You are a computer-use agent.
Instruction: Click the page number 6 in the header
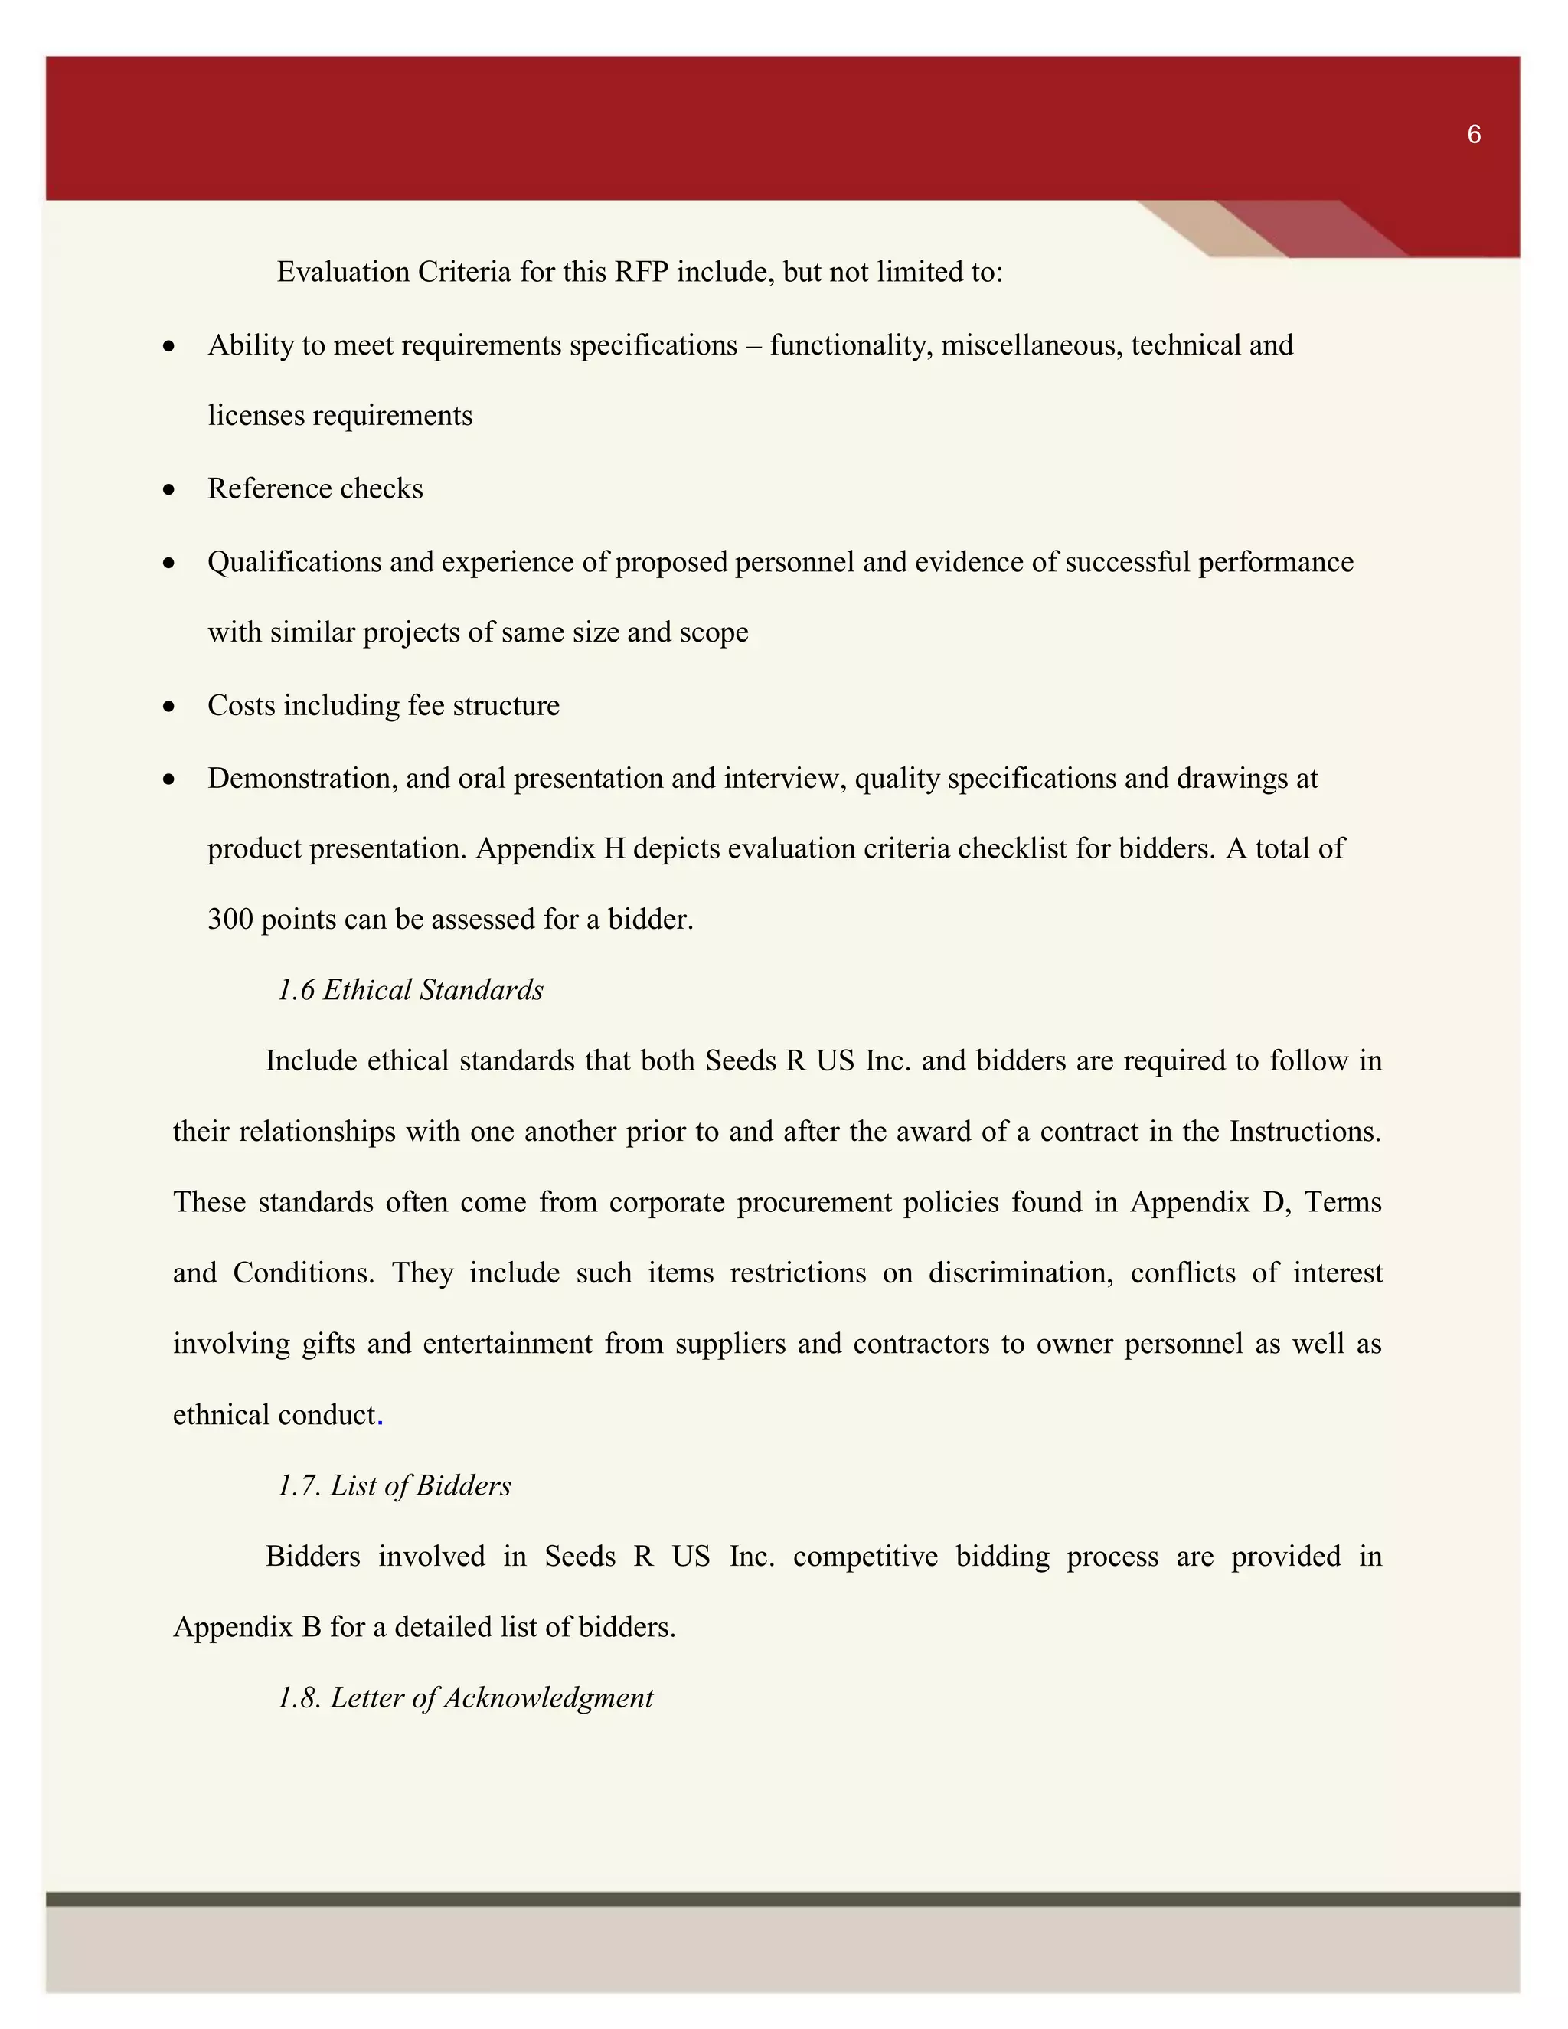[x=1473, y=135]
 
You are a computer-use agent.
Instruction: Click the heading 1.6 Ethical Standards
[x=410, y=990]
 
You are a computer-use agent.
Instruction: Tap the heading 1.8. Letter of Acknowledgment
[x=465, y=1698]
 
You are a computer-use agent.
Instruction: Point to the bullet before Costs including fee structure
[x=168, y=707]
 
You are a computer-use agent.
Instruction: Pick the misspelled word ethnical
[x=221, y=1415]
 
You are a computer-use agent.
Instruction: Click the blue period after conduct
[x=381, y=1416]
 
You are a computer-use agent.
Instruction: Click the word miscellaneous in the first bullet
[x=1031, y=345]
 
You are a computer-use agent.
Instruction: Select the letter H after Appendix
[x=614, y=849]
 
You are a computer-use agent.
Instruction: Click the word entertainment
[x=507, y=1344]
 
